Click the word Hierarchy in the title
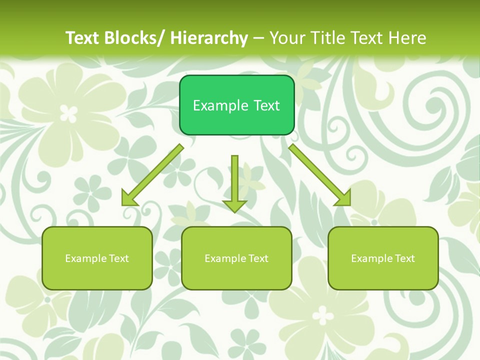pyautogui.click(x=209, y=38)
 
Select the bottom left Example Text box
pyautogui.click(x=97, y=275)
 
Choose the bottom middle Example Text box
pyautogui.click(x=236, y=275)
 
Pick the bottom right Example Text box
pyautogui.click(x=383, y=275)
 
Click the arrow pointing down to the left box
pyautogui.click(x=155, y=173)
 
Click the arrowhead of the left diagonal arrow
pyautogui.click(x=129, y=198)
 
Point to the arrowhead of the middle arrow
pyautogui.click(x=234, y=205)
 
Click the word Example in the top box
pyautogui.click(x=220, y=105)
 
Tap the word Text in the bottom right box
pyautogui.click(x=404, y=258)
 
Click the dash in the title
pyautogui.click(x=259, y=38)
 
